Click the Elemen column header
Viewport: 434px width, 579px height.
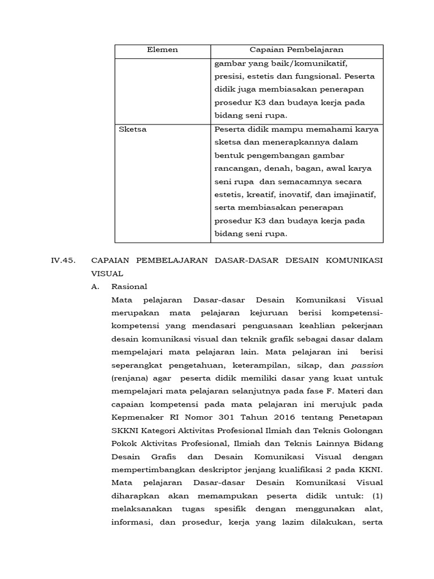(162, 50)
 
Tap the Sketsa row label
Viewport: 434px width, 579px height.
(133, 129)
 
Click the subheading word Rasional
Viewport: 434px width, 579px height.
(129, 287)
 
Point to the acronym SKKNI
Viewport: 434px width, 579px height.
(126, 430)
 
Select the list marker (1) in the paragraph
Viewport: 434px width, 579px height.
(376, 495)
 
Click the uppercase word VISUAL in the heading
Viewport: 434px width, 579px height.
(105, 274)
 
